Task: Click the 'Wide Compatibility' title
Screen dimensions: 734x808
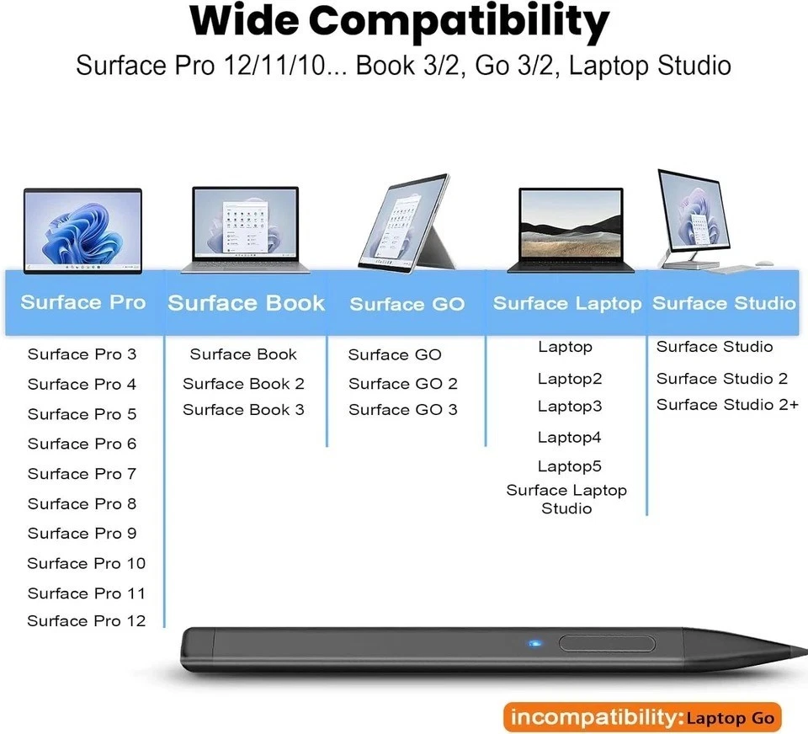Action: tap(399, 24)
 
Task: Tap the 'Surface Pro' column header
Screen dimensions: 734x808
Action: tap(82, 302)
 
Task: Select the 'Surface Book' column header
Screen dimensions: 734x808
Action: tap(246, 303)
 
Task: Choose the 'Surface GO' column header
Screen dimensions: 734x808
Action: tap(407, 304)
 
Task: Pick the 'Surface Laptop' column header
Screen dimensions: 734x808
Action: tap(566, 303)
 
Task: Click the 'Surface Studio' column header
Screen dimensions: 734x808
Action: tap(724, 303)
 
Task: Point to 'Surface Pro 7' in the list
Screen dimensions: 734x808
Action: tap(82, 474)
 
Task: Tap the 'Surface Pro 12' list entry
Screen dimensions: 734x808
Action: tap(86, 621)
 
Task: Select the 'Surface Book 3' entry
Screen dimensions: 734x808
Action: tap(243, 410)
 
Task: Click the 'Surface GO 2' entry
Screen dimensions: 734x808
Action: tap(403, 384)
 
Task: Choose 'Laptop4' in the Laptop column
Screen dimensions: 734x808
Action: tap(570, 437)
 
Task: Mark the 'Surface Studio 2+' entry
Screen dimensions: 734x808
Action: tap(727, 405)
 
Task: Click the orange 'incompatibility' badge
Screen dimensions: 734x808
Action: tap(642, 718)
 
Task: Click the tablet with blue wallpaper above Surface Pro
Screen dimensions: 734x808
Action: tap(82, 230)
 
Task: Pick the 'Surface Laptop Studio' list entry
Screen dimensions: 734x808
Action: tap(566, 499)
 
